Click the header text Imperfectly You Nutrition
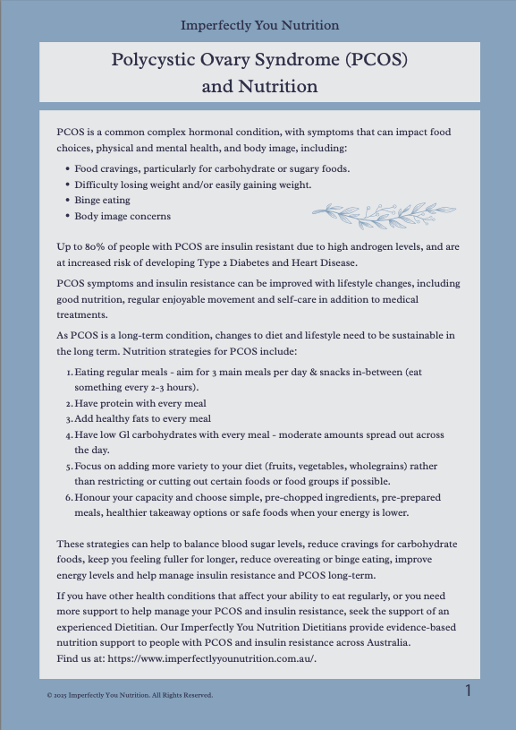[259, 25]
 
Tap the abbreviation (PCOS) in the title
[376, 61]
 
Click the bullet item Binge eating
[102, 200]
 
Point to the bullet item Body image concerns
[122, 216]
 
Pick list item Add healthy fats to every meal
[142, 418]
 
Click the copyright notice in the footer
[129, 694]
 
